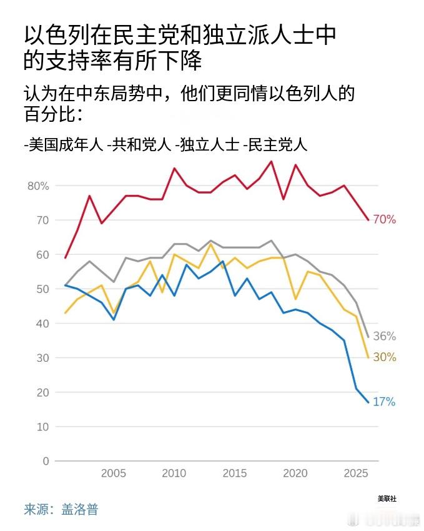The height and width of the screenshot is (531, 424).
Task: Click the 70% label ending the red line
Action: click(385, 219)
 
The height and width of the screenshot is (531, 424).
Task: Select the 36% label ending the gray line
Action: click(385, 336)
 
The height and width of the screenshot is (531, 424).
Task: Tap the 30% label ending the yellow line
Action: click(385, 357)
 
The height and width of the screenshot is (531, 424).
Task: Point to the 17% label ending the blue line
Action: click(385, 402)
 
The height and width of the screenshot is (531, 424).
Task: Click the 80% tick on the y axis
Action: click(37, 186)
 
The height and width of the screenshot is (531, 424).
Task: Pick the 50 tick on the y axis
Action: click(42, 289)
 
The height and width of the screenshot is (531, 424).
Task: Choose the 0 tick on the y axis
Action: click(46, 461)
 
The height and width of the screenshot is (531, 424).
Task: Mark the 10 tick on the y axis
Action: click(42, 427)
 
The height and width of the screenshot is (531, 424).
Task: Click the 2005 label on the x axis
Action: click(114, 474)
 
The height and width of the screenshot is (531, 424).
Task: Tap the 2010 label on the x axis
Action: click(174, 474)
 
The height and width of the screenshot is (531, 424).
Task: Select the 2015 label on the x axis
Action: click(235, 474)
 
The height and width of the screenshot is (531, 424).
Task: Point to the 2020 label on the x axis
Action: click(295, 474)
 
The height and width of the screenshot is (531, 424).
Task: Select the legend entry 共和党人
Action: click(140, 145)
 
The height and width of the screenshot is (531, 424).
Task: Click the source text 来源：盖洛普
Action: click(61, 509)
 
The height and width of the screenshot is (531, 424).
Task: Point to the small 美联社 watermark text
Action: click(387, 499)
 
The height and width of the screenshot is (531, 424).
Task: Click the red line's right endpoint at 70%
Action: click(368, 220)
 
